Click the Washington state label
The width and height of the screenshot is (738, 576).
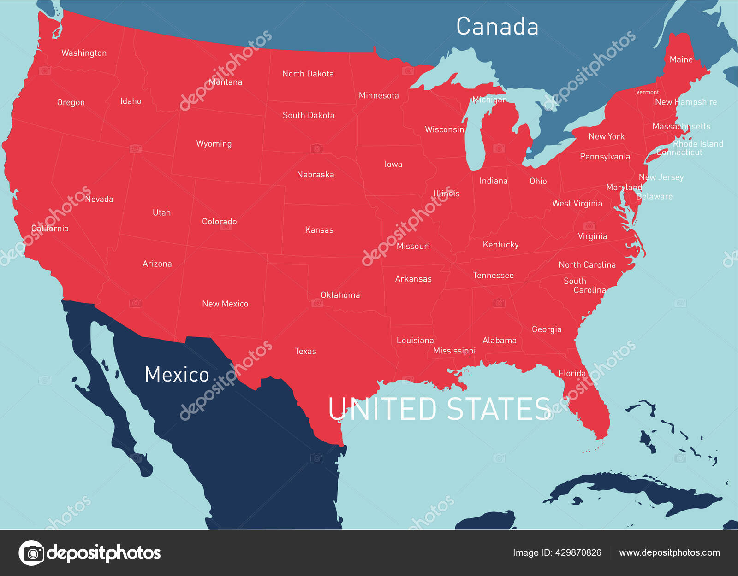tap(84, 53)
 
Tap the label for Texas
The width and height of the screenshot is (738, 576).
tap(305, 351)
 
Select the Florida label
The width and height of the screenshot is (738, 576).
tap(572, 373)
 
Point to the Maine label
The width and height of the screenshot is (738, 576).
tap(681, 59)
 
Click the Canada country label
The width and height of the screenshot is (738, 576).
tap(497, 27)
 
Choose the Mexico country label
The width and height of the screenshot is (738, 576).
tap(177, 375)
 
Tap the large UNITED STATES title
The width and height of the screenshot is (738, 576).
tap(440, 409)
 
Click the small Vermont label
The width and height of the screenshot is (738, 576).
tap(647, 92)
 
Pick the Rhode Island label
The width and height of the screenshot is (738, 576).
tap(698, 144)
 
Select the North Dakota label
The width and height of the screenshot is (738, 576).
tap(308, 74)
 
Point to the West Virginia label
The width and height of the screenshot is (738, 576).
tap(577, 203)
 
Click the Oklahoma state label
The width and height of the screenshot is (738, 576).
tap(340, 295)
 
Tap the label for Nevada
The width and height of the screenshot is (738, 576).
tap(99, 199)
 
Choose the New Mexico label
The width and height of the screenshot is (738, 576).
tap(225, 304)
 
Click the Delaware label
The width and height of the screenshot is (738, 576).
tap(654, 196)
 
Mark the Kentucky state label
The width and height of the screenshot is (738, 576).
tap(500, 245)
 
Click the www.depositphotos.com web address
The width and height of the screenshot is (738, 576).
tap(669, 552)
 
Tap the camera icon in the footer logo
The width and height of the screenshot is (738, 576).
tap(32, 553)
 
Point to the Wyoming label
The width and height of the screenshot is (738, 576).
tap(214, 144)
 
